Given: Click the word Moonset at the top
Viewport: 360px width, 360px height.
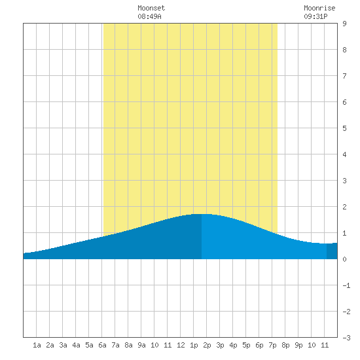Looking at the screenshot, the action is pos(151,8).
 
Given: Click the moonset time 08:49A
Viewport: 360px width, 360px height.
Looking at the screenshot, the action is pos(149,16).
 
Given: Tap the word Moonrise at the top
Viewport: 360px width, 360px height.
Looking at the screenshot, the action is pos(319,8).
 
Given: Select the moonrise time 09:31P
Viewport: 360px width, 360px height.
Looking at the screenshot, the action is pos(315,16).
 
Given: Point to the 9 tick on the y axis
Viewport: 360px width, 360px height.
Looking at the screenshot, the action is pos(344,24).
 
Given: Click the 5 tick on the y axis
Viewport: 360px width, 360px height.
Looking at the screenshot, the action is pos(344,128).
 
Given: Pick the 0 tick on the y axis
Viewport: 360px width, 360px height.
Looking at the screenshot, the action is pos(344,259).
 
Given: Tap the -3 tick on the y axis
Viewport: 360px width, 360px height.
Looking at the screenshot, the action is pos(346,338).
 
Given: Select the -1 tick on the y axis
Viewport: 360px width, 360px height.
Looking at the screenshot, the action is pos(346,285).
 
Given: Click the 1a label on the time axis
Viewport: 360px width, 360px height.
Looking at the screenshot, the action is pos(37,345).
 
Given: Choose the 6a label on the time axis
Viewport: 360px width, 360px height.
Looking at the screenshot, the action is pos(102,345).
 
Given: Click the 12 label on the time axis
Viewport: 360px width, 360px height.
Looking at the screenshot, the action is pos(181,345).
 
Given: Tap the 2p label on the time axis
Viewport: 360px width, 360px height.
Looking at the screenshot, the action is pos(207,345).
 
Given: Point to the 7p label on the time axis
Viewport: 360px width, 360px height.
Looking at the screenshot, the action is pos(272,345).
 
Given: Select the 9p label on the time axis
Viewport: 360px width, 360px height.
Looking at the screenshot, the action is pos(298,345).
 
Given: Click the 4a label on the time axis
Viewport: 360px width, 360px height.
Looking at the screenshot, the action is pos(76,345).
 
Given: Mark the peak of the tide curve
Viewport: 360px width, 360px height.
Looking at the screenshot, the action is pos(202,214).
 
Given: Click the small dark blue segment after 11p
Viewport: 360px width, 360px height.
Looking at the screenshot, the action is pos(332,251).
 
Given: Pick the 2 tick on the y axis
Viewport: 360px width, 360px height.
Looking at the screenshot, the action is pos(344,207).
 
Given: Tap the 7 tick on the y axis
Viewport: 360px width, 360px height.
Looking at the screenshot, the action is pos(344,76).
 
